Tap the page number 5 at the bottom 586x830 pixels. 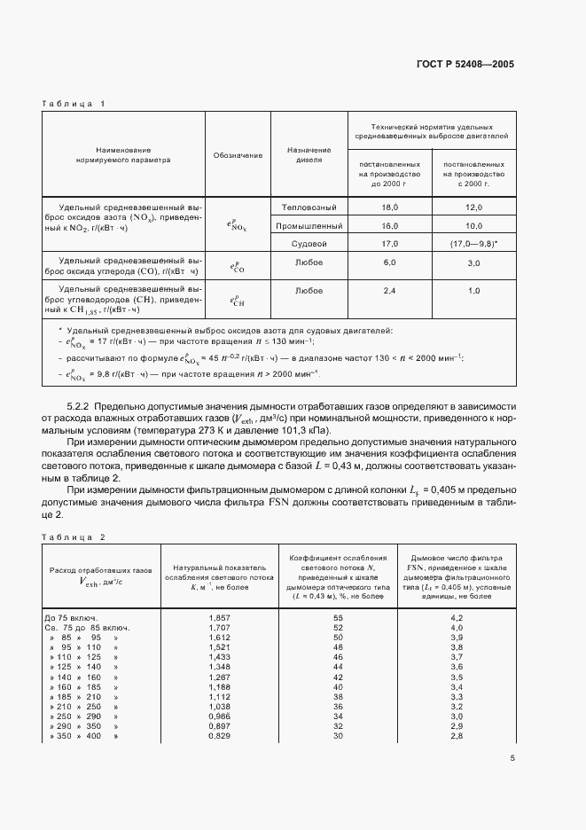[x=512, y=757]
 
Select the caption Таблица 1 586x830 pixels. [x=74, y=104]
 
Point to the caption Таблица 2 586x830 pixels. [x=74, y=537]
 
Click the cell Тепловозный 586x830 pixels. [x=309, y=207]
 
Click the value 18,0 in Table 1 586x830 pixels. [x=389, y=207]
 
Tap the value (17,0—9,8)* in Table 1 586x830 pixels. [x=473, y=243]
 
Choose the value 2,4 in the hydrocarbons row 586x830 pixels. [x=389, y=290]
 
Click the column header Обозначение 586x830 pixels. [x=238, y=155]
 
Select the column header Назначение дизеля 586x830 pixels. [x=309, y=155]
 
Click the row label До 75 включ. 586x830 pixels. [x=71, y=616]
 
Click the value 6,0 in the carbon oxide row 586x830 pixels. [x=389, y=262]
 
